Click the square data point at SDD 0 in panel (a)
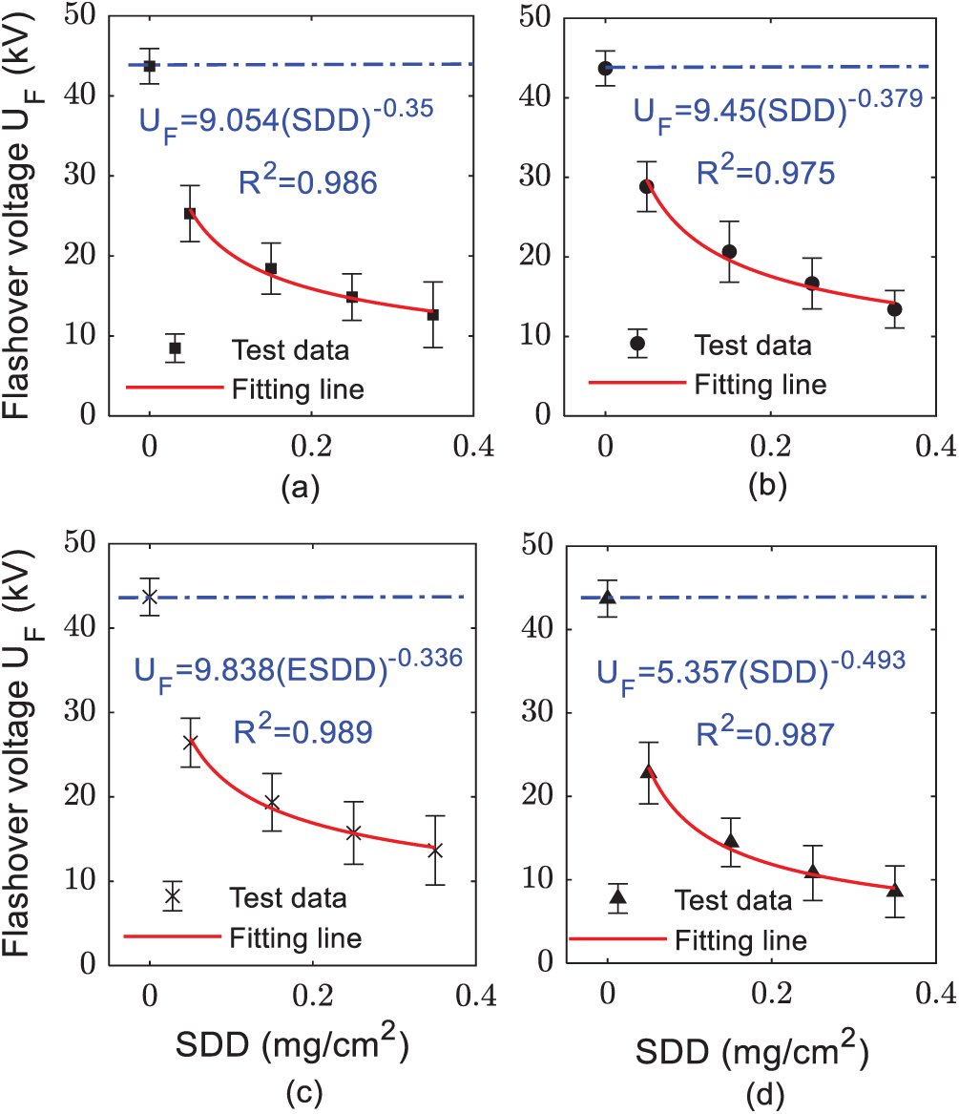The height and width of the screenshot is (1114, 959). pos(149,66)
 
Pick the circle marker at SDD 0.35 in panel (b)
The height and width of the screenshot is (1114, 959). pos(894,309)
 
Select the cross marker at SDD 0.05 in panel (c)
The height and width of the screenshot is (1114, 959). pos(190,743)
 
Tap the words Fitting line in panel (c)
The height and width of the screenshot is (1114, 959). pos(296,937)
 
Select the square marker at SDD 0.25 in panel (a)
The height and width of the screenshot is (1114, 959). pos(352,297)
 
